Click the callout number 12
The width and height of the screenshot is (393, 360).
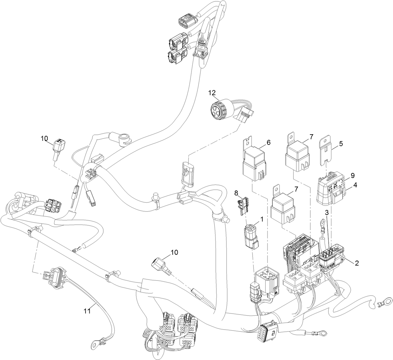(212, 93)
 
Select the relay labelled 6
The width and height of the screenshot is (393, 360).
(254, 164)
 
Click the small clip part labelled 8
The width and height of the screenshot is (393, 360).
(242, 206)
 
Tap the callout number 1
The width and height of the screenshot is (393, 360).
(262, 219)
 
